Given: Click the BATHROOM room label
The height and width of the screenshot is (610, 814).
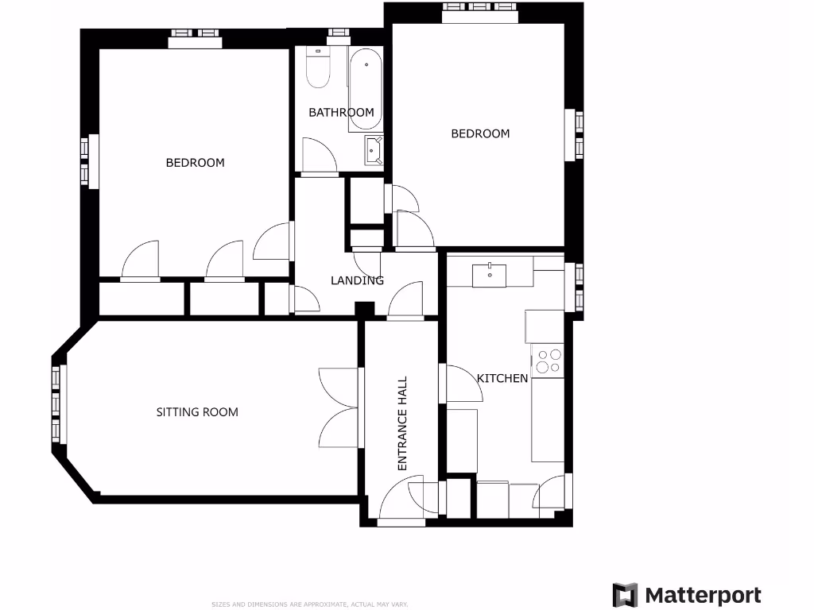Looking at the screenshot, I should [341, 112].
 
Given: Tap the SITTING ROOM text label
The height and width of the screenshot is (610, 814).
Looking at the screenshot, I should [197, 411].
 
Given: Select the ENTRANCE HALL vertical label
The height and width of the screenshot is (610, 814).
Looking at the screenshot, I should [402, 423].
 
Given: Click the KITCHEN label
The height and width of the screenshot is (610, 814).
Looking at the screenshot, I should [502, 378].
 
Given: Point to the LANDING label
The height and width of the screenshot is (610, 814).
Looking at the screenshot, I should [357, 280].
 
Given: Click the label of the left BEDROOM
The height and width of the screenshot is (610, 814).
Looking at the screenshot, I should [195, 162].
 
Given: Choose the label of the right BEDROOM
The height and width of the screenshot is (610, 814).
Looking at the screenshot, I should [480, 133].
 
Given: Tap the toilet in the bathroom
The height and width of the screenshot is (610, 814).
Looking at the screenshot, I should [318, 70].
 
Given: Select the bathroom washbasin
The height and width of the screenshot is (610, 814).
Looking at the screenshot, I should [374, 149].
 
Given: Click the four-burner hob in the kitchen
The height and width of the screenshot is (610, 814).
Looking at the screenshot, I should [548, 361].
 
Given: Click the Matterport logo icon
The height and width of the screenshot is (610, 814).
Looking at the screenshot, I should [625, 595].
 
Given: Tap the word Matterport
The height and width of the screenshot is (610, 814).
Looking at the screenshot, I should [703, 596].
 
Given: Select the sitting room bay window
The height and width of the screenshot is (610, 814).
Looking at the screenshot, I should [57, 404].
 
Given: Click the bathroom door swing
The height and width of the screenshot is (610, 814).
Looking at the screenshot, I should [320, 156].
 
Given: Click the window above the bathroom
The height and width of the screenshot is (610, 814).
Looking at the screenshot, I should [339, 33].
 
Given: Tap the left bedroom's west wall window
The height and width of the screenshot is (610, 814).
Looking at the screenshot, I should [91, 161].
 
